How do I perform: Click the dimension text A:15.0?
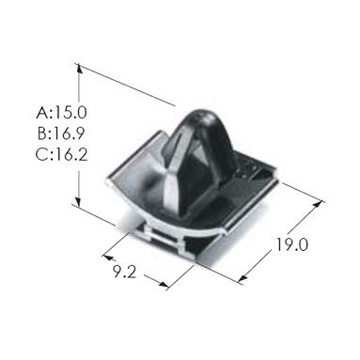(x=61, y=113)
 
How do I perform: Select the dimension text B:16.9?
(x=61, y=133)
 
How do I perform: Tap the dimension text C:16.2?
(x=61, y=154)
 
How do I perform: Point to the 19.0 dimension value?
(x=292, y=244)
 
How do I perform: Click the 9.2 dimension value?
(x=125, y=271)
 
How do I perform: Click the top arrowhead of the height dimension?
(x=79, y=69)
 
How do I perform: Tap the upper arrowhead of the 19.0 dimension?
(x=318, y=204)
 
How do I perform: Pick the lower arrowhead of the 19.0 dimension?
(x=243, y=278)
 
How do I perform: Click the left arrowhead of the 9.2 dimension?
(x=108, y=258)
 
